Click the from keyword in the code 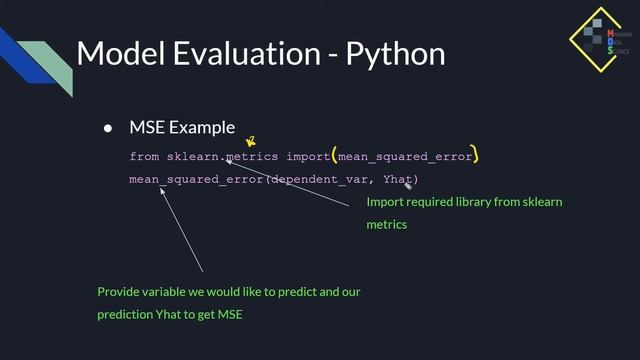(144, 157)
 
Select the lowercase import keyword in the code (306, 157)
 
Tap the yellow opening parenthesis (335, 156)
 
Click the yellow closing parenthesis (476, 156)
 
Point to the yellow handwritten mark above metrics (251, 143)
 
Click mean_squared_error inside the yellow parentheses (405, 157)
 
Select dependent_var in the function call (320, 180)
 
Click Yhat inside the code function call (397, 180)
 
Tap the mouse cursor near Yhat (408, 186)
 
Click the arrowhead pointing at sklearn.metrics (229, 160)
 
